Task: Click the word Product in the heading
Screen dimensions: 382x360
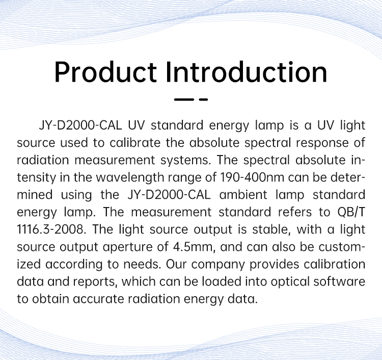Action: (105, 72)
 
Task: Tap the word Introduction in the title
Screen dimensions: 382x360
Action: (247, 72)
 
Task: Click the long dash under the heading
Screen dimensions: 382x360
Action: (184, 99)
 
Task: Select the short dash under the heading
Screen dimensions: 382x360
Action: (203, 99)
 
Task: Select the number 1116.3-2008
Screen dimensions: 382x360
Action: (51, 229)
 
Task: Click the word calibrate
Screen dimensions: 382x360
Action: (135, 143)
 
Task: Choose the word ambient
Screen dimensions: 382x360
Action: (243, 195)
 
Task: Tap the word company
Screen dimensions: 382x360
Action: (218, 265)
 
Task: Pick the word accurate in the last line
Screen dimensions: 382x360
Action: (98, 299)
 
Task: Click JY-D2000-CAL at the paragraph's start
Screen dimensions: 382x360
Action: (80, 125)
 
